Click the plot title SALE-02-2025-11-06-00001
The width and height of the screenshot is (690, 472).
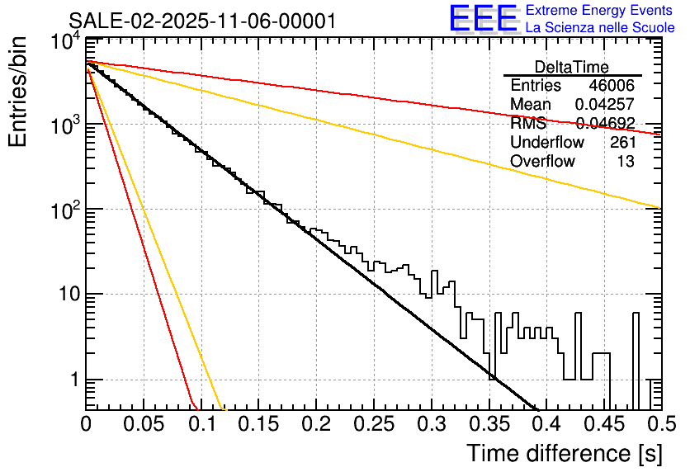(202, 21)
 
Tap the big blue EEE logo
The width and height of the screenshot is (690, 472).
(483, 19)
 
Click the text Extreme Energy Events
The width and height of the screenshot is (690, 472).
(599, 11)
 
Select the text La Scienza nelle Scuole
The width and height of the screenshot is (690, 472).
(599, 28)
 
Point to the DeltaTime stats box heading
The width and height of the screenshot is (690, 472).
(572, 67)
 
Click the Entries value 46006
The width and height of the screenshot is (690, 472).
(612, 86)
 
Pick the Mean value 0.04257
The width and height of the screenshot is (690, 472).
(604, 105)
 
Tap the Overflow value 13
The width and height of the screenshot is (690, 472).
(626, 162)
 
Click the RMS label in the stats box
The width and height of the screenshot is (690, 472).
(527, 124)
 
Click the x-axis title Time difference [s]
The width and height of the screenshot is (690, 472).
(565, 453)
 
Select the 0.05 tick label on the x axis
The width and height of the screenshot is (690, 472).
(144, 423)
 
